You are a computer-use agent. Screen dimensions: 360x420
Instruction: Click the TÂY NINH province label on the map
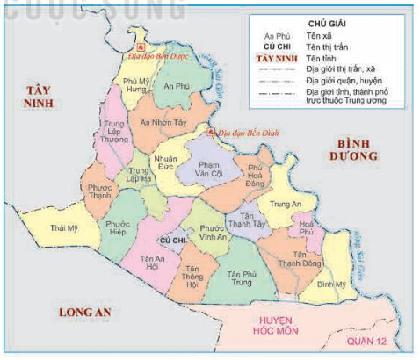[x=40, y=97]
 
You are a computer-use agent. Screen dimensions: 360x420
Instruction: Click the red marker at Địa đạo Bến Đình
[x=211, y=133]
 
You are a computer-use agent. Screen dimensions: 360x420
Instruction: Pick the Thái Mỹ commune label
[x=63, y=228]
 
